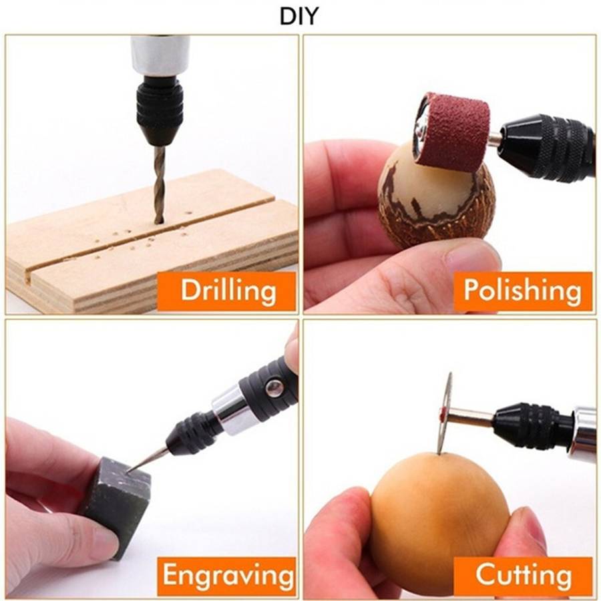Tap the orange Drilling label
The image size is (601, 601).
pos(228,290)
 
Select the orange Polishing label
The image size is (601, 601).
pos(522,290)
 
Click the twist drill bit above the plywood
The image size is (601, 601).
pos(159,184)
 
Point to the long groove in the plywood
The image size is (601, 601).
pos(134,237)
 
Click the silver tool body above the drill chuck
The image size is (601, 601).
pos(160,53)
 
